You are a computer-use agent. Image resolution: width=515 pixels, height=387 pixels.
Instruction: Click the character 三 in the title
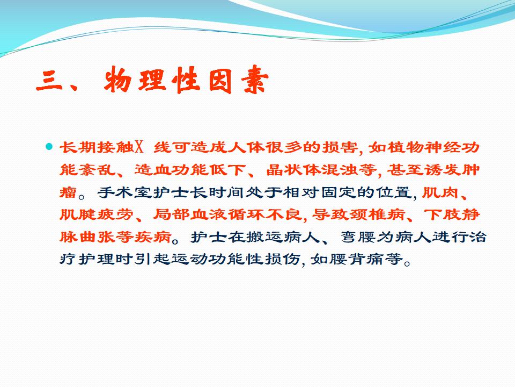49,80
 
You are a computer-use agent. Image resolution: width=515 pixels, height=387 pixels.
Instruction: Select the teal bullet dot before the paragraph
49,146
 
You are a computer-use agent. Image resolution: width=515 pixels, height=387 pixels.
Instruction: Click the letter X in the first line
139,147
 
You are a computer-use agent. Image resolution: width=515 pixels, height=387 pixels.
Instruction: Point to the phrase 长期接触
97,147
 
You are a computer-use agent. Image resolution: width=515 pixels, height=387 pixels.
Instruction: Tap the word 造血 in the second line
153,169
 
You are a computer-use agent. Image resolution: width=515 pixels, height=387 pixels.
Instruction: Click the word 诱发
443,169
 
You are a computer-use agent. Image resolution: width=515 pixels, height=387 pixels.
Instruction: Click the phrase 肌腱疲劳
97,214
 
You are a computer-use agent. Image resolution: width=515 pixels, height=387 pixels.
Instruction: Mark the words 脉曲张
87,236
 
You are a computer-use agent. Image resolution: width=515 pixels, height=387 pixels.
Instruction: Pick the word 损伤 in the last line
282,259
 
